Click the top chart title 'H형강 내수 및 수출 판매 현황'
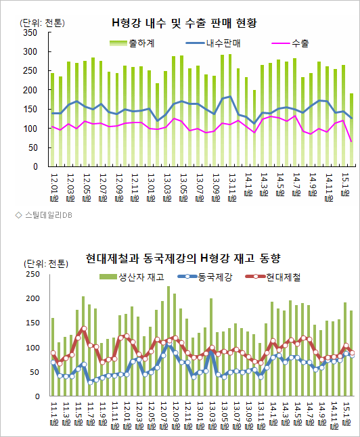[x=185, y=23]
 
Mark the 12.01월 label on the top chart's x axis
[x=55, y=182]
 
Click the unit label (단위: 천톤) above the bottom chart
[x=44, y=264]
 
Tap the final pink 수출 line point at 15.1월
[x=351, y=141]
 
